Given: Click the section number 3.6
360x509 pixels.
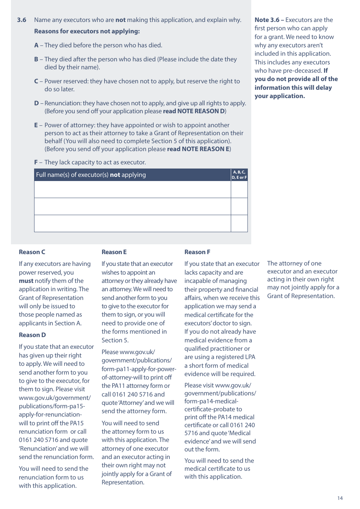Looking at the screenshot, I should (x=22, y=20).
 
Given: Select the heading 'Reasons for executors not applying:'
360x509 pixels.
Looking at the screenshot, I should (x=87, y=31).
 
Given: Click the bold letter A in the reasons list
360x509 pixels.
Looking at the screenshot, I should (x=36, y=45).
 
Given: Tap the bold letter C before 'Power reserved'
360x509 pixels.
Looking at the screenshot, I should (x=36, y=81).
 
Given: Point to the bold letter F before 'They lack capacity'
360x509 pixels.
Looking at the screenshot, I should (x=36, y=162).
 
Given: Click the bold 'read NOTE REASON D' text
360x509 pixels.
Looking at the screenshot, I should (x=194, y=111).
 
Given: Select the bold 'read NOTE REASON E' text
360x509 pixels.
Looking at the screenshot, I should (x=199, y=149).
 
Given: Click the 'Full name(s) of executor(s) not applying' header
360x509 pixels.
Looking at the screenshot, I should (x=91, y=175).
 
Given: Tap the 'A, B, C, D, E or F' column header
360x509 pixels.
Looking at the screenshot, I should (x=239, y=175).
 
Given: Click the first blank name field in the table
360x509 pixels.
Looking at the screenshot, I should (x=132, y=189).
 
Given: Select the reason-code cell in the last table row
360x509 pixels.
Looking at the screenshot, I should (x=239, y=223).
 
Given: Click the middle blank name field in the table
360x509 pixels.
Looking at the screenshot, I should (x=132, y=206).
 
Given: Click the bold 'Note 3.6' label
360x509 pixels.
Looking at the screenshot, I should (x=267, y=20).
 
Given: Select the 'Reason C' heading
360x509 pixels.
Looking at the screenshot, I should (x=32, y=252).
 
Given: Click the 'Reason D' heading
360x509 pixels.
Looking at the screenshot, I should (x=32, y=335).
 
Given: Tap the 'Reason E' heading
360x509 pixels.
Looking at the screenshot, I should (x=114, y=252).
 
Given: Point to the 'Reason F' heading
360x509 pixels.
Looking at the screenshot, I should (x=197, y=252).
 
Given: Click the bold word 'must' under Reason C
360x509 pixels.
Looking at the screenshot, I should (x=26, y=281).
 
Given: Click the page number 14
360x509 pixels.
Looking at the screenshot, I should (x=340, y=498).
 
